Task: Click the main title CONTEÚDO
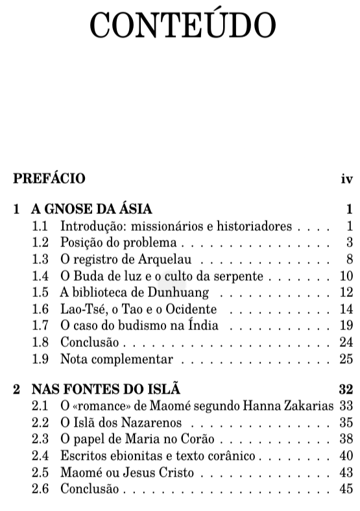pos(183,25)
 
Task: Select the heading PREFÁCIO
pos(49,178)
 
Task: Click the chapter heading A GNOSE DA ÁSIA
pos(91,209)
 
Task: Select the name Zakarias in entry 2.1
pos(309,407)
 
